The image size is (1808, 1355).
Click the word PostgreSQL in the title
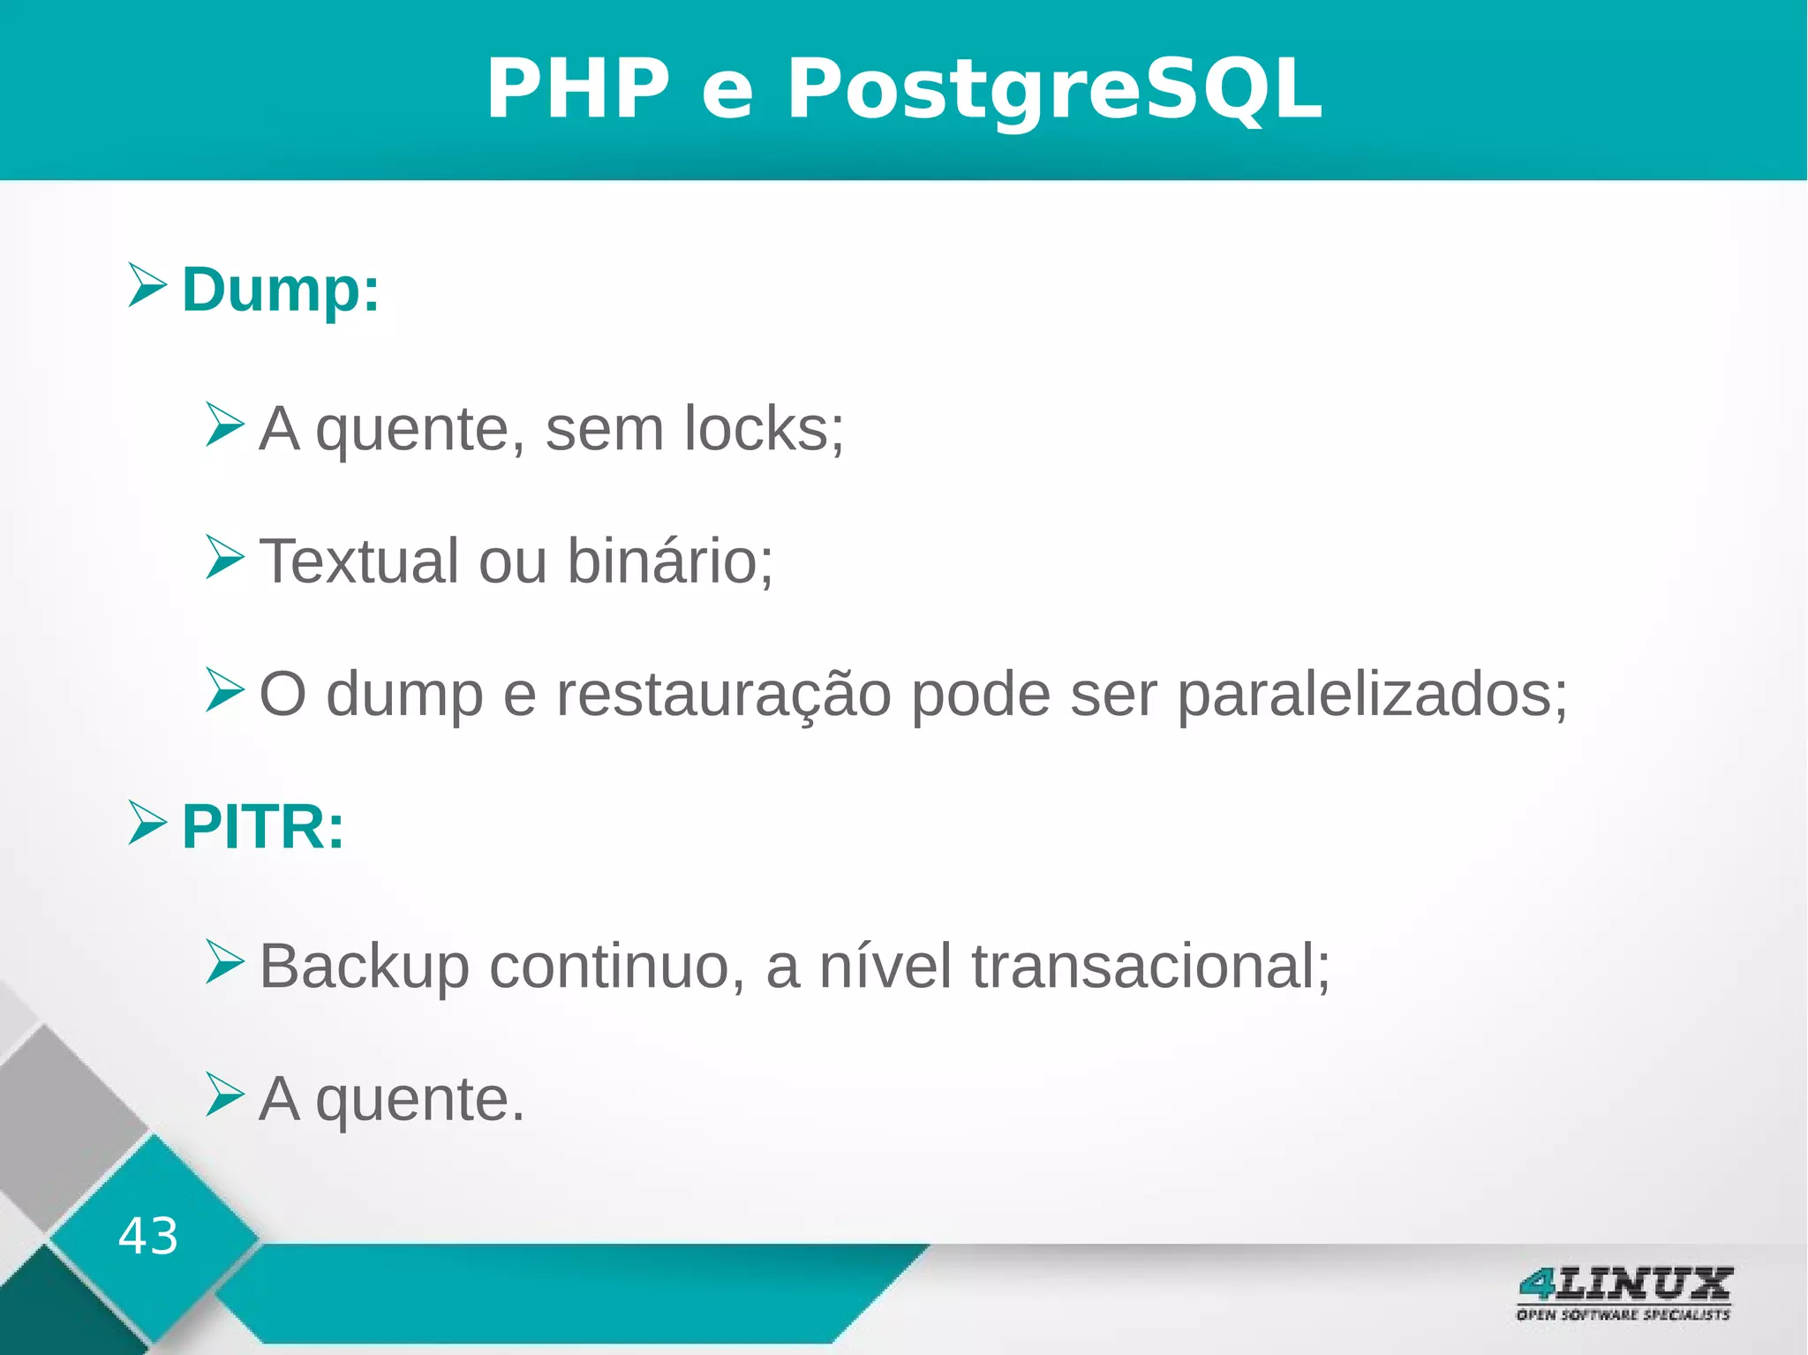click(x=1054, y=89)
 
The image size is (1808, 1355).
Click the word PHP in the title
click(x=578, y=89)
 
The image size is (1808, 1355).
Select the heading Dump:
click(x=280, y=289)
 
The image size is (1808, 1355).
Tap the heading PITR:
click(x=262, y=827)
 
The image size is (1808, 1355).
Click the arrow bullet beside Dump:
click(x=147, y=285)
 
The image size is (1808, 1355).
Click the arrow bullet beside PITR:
click(x=147, y=823)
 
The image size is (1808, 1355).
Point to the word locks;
click(x=764, y=429)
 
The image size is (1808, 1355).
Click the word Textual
click(x=358, y=561)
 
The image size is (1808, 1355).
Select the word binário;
click(x=670, y=561)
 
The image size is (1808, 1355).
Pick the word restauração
click(x=723, y=695)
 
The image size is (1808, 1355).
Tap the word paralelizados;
click(x=1372, y=695)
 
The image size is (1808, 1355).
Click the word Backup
click(x=364, y=967)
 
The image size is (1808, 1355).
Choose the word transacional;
click(x=1150, y=967)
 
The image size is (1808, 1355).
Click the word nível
click(x=885, y=967)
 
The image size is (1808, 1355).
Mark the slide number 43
click(x=148, y=1235)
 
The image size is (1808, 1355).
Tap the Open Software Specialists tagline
click(x=1623, y=1315)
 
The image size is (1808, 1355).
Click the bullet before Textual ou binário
click(x=224, y=557)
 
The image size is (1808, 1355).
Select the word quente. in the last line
click(x=420, y=1101)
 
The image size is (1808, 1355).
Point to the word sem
click(x=604, y=429)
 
